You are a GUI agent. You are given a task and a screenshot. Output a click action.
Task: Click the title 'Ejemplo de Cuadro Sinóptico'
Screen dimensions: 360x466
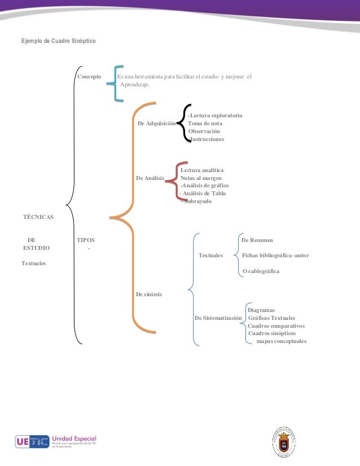click(x=59, y=42)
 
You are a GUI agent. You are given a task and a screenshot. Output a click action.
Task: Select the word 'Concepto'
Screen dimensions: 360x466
click(x=89, y=76)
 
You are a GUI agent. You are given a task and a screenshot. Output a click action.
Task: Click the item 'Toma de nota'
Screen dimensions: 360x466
click(x=205, y=123)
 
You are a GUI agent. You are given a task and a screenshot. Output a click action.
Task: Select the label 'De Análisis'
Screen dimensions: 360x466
click(x=151, y=178)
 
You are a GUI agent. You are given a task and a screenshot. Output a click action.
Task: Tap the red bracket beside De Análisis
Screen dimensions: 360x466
click(x=176, y=181)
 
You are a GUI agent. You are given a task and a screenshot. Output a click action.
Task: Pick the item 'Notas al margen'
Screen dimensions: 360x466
click(x=201, y=178)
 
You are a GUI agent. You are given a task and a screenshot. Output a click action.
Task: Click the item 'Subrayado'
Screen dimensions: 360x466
click(x=196, y=201)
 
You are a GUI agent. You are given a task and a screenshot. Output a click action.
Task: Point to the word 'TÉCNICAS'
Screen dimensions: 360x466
click(x=38, y=217)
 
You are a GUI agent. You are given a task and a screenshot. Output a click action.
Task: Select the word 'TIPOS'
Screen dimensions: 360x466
click(x=86, y=240)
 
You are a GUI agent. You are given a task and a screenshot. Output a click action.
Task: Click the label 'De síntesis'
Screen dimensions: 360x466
click(x=149, y=294)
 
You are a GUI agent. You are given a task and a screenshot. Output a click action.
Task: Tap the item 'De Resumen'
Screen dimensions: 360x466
click(x=257, y=240)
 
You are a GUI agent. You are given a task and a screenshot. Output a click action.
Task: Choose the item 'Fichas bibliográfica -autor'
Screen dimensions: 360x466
click(x=275, y=256)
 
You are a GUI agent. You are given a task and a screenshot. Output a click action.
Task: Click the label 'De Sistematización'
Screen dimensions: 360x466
click(x=219, y=318)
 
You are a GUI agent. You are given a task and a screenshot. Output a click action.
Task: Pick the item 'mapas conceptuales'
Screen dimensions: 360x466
click(x=281, y=341)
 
